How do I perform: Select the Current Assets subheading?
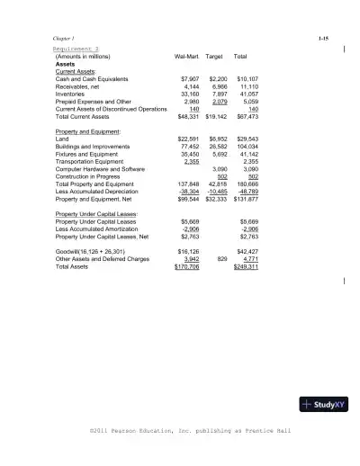click(x=76, y=71)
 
